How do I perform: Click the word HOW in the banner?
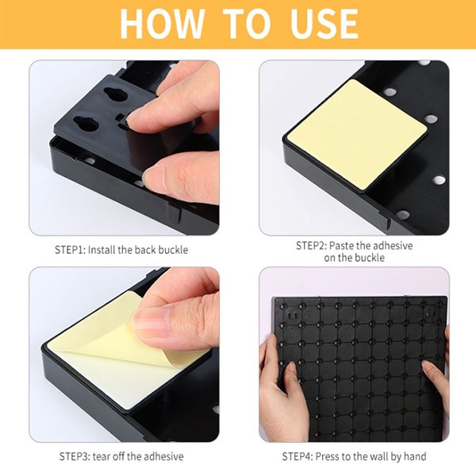click(x=162, y=24)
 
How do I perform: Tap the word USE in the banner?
click(x=324, y=24)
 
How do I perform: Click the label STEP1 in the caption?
click(x=71, y=250)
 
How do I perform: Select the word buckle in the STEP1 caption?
click(x=173, y=250)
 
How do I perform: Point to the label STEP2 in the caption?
click(x=312, y=245)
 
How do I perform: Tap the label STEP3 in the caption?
click(x=75, y=456)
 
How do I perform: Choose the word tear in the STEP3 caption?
click(x=102, y=456)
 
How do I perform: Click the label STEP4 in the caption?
click(x=297, y=456)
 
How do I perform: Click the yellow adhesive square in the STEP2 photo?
click(x=357, y=134)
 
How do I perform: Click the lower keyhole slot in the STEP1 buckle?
click(x=86, y=123)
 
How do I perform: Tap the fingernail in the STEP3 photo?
click(x=151, y=322)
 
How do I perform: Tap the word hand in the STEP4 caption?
click(x=415, y=456)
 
